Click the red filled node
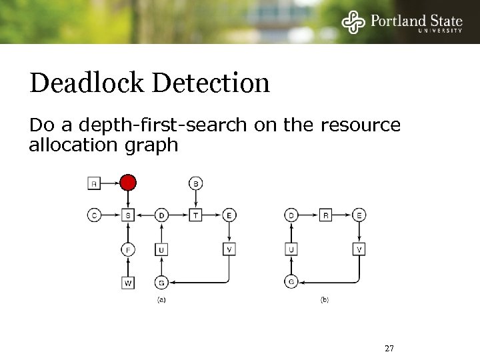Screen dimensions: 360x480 click(x=128, y=182)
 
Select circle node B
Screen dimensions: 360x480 click(x=196, y=182)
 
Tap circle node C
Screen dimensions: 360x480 click(x=94, y=215)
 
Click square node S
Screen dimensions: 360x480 click(x=128, y=215)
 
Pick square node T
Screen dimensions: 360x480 click(x=196, y=215)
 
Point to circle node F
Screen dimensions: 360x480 click(x=128, y=250)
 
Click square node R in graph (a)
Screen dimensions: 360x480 click(x=94, y=182)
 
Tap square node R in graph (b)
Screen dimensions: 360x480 click(x=325, y=215)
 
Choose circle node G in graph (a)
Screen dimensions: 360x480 click(x=162, y=282)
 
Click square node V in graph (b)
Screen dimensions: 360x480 click(x=359, y=250)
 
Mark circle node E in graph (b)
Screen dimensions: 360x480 click(x=359, y=215)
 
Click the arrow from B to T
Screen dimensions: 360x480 click(x=196, y=198)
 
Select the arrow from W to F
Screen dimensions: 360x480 click(x=128, y=266)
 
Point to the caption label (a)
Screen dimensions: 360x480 click(x=161, y=300)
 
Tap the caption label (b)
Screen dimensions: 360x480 click(x=325, y=300)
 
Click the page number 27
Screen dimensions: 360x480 click(x=390, y=348)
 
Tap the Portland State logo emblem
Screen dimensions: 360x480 click(x=353, y=22)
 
